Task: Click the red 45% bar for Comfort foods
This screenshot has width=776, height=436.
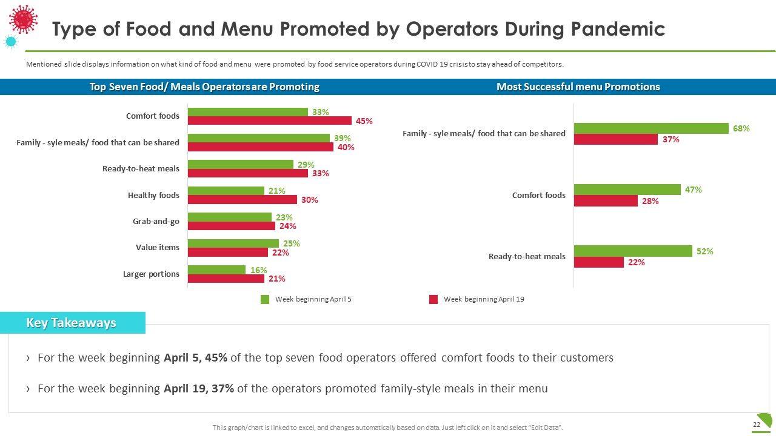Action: (269, 121)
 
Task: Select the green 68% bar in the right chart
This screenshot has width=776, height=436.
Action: (651, 128)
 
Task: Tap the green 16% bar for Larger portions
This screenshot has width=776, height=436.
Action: (216, 269)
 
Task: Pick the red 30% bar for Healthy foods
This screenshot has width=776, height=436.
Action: (242, 200)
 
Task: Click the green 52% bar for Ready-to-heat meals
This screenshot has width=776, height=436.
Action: (632, 251)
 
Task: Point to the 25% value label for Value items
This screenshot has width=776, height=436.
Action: (292, 243)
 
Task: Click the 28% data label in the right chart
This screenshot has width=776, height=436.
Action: (651, 201)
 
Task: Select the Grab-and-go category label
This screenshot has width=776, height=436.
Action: (156, 222)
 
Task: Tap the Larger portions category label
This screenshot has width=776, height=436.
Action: (151, 274)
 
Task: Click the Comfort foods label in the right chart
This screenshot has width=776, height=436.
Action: (538, 195)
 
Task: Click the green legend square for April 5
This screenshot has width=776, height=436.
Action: (265, 299)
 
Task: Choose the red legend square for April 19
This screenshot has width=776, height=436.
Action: (433, 299)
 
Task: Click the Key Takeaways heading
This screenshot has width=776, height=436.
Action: (71, 323)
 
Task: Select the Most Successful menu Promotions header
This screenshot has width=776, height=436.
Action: (578, 87)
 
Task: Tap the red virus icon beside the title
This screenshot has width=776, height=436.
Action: (24, 19)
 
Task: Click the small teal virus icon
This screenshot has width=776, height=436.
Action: (10, 42)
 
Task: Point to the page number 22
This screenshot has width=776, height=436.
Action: (756, 425)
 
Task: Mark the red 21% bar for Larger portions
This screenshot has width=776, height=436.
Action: (226, 279)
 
